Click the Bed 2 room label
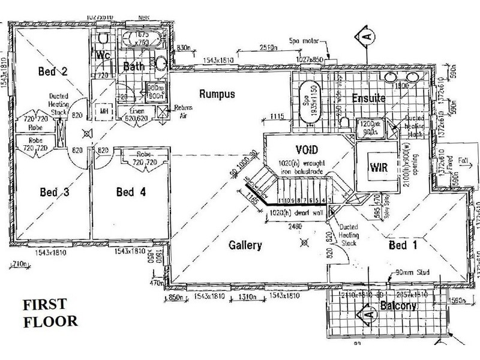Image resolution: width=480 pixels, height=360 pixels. coord(52,72)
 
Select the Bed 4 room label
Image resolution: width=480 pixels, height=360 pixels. coord(133,193)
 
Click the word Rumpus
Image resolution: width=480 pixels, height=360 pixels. coord(217,94)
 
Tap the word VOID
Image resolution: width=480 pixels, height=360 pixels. coord(306,149)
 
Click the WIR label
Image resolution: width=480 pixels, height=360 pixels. coord(379,167)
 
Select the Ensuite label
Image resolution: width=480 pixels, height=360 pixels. coord(369,98)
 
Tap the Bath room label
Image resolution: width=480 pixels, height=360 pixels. coord(134,67)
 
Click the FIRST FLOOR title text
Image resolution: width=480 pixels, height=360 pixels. coord(50,313)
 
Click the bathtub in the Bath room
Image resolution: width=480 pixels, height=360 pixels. coord(142,41)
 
